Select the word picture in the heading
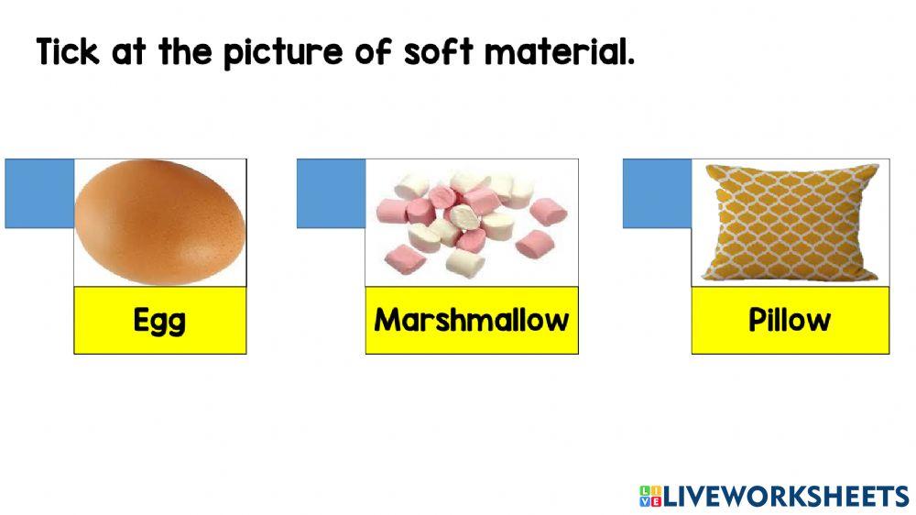[x=284, y=53]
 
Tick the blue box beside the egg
[x=39, y=193]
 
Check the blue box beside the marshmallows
[x=331, y=193]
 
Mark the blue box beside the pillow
[x=657, y=193]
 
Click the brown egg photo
[x=159, y=223]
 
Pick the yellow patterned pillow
[x=790, y=223]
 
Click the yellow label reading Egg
[x=159, y=320]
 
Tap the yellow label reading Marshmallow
[x=472, y=320]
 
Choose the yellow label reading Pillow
[x=790, y=320]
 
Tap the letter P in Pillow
[x=758, y=320]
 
